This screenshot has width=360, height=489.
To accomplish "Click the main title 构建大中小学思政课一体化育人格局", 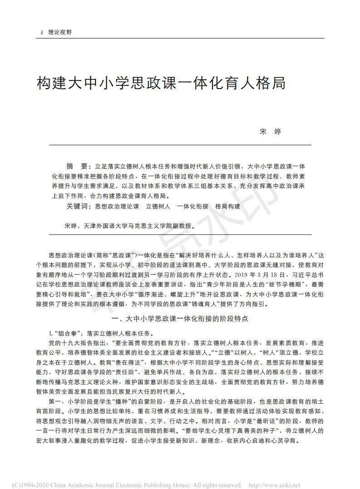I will [161, 84].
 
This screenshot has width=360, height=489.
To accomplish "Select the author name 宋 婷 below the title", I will [270, 132].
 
